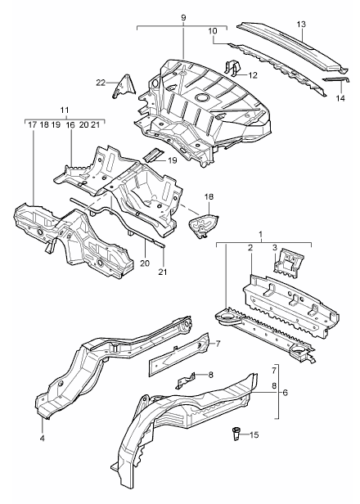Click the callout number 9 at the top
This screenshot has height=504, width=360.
(183, 18)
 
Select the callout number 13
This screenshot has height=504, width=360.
(301, 24)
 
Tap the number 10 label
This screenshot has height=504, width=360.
(213, 31)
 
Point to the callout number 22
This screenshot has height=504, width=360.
(101, 83)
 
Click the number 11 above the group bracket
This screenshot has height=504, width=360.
(65, 110)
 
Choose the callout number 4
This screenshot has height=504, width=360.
(43, 438)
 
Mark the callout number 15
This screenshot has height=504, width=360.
(254, 435)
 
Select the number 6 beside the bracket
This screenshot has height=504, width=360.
(286, 392)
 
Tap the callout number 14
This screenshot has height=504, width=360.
(340, 98)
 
